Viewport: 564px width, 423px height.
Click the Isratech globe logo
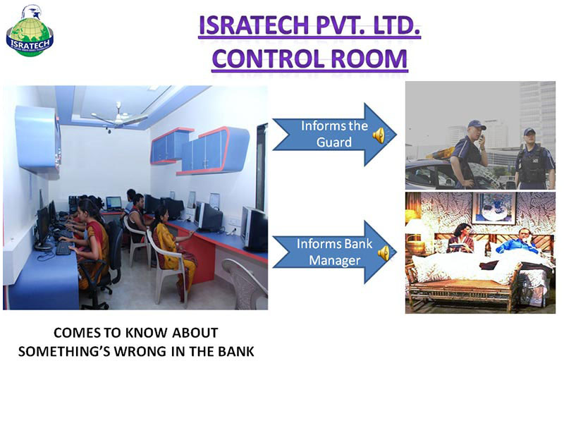(x=30, y=31)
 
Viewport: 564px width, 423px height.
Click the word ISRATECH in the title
(x=254, y=25)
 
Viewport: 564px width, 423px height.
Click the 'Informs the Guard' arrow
(x=334, y=135)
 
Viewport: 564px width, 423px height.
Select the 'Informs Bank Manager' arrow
(x=334, y=252)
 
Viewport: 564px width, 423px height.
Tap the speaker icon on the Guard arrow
(x=379, y=135)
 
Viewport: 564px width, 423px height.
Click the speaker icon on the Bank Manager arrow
(x=384, y=253)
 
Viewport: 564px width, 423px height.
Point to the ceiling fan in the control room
(x=119, y=116)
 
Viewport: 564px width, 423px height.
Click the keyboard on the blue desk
(x=63, y=248)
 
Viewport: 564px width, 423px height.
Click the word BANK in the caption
(x=235, y=351)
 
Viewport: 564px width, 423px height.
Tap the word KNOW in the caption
(x=147, y=333)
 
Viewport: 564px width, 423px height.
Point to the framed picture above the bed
(x=494, y=209)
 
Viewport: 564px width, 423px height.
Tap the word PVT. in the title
(x=342, y=25)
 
